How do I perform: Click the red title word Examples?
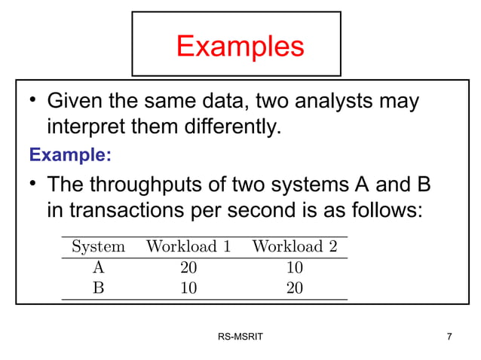(x=240, y=46)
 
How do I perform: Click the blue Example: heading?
(x=70, y=156)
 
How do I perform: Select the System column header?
(x=98, y=246)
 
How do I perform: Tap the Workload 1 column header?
(x=188, y=246)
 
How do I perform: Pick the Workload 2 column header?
(x=294, y=246)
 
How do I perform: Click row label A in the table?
(x=98, y=267)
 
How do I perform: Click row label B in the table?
(x=98, y=288)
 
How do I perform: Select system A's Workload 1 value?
(x=188, y=267)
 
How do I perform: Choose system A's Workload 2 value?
(x=294, y=267)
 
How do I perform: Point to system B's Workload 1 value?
(x=188, y=288)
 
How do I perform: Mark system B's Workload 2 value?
(x=294, y=288)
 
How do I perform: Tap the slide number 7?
(x=449, y=336)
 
